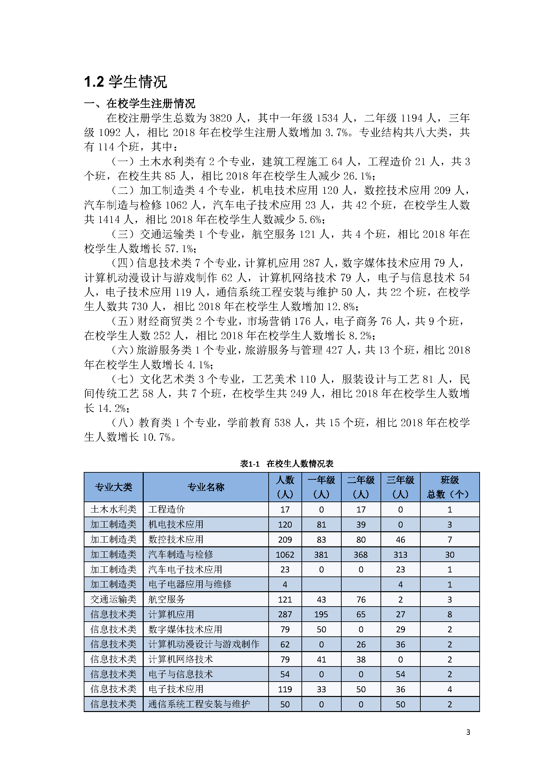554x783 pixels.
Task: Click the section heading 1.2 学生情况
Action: (125, 82)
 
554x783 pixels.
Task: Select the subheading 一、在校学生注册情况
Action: (140, 103)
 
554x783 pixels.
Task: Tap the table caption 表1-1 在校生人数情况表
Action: (287, 463)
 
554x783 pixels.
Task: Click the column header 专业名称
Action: (206, 487)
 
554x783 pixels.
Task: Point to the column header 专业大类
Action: (113, 487)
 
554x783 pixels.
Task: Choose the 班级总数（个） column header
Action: (449, 487)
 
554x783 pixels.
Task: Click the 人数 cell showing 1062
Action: (285, 554)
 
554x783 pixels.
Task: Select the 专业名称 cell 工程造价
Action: (166, 510)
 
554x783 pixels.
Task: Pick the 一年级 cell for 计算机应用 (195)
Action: (321, 615)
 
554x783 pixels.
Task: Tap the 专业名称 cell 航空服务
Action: (166, 600)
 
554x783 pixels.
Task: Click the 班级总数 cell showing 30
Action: (449, 554)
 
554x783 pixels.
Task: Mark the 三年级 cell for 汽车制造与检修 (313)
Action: (400, 554)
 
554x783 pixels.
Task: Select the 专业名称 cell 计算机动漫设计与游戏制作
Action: (204, 644)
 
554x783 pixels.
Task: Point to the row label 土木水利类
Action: (113, 510)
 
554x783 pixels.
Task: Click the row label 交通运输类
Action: (113, 600)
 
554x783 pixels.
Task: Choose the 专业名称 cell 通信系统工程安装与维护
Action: (199, 705)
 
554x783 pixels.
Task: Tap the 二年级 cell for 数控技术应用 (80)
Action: (361, 540)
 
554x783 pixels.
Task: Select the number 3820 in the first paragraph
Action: (221, 118)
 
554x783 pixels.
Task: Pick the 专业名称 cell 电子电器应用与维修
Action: (190, 584)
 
